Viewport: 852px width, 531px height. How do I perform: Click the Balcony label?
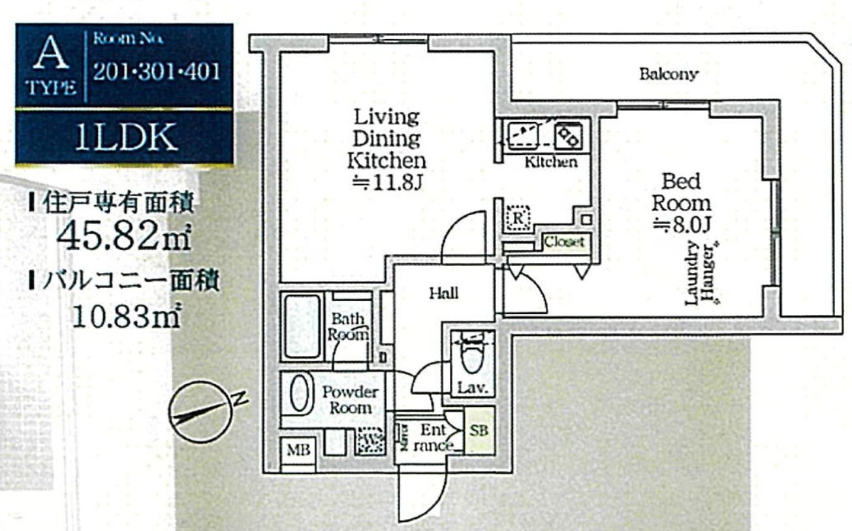tap(669, 74)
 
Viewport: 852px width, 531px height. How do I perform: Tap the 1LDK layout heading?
tap(125, 138)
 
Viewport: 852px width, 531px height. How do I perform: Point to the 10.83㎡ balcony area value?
tap(124, 317)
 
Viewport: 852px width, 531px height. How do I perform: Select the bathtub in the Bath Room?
tap(302, 326)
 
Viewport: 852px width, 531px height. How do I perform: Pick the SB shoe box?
tap(479, 431)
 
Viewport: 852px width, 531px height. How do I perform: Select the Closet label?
tap(564, 242)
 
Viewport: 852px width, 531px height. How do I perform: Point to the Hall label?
tap(443, 293)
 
